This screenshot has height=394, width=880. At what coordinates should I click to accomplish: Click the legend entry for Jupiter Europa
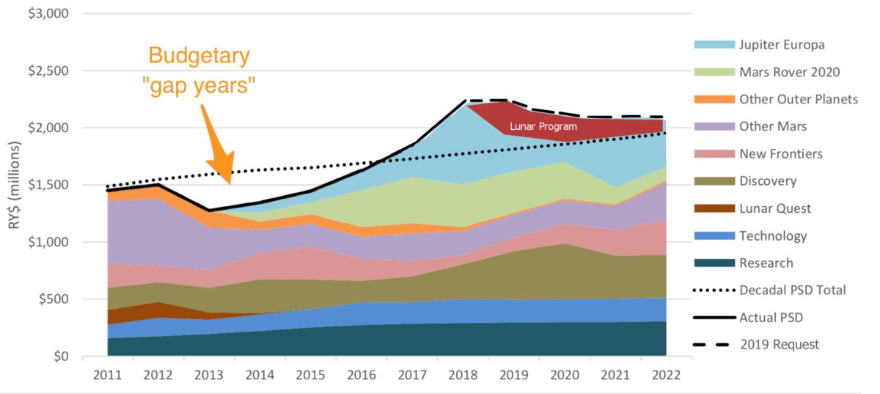[x=782, y=45]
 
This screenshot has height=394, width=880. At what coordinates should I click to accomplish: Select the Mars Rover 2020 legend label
[x=789, y=72]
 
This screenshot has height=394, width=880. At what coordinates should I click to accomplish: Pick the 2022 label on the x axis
[x=664, y=374]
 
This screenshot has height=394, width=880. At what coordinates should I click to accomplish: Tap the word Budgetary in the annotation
[x=199, y=56]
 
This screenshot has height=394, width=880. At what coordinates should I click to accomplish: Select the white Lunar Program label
[x=543, y=127]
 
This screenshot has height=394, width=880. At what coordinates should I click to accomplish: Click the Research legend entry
[x=766, y=263]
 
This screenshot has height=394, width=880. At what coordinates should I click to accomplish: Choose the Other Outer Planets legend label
[x=798, y=99]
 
